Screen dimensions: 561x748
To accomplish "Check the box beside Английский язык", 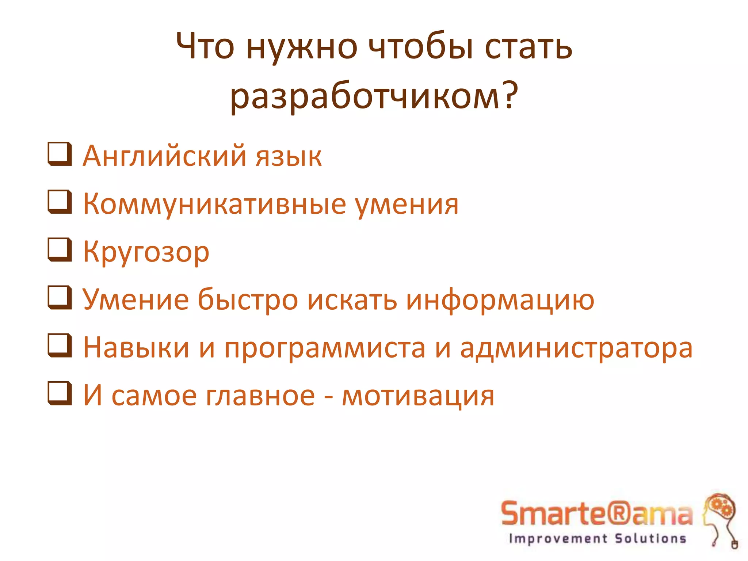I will tap(59, 154).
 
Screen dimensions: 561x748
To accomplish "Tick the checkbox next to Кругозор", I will tap(59, 250).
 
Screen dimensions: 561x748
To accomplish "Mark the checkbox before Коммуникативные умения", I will tap(59, 202).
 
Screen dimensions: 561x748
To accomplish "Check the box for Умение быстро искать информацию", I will tap(59, 298).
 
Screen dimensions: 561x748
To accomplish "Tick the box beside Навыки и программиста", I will tap(59, 346).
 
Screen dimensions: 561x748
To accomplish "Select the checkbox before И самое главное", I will tap(59, 393).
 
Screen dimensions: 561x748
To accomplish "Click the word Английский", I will tap(164, 156).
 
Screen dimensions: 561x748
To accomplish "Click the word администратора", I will tap(576, 348).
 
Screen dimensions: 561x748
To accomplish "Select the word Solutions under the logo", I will tap(650, 539).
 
